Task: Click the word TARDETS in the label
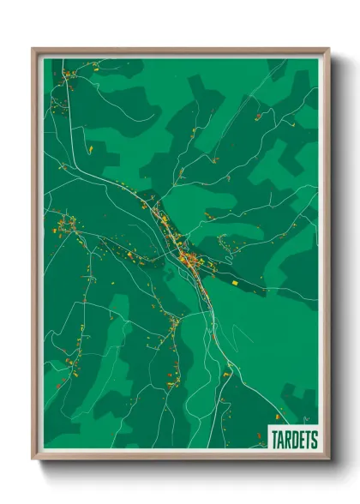[x=294, y=439]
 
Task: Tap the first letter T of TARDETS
[x=274, y=439]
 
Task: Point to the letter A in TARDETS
[x=281, y=439]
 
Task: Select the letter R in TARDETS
[x=288, y=439]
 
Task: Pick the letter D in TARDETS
[x=295, y=439]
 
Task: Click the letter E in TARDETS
[x=302, y=439]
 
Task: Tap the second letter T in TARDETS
[x=308, y=439]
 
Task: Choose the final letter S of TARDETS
[x=315, y=439]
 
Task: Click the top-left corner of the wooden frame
[x=33, y=49]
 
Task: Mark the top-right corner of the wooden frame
[x=329, y=49]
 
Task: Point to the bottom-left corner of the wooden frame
[x=33, y=459]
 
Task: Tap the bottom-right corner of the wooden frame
[x=329, y=459]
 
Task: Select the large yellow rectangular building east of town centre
[x=237, y=280]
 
